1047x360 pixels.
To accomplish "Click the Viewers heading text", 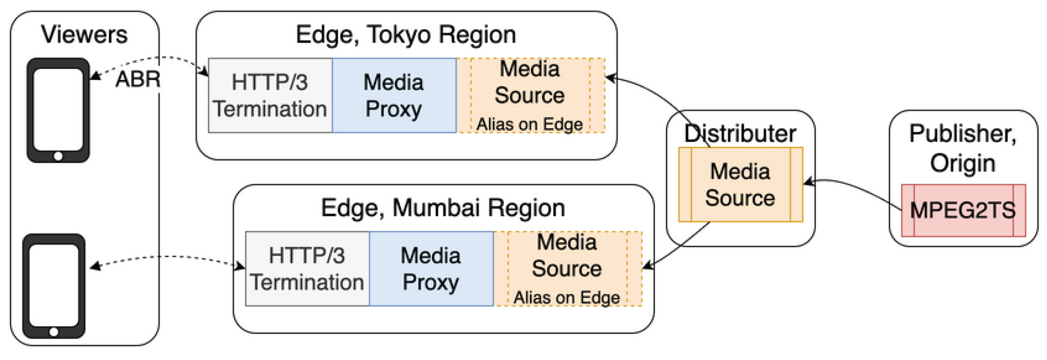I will (84, 34).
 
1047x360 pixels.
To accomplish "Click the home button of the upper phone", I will (58, 156).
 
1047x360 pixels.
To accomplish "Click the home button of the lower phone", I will (54, 332).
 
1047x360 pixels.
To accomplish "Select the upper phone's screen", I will (58, 109).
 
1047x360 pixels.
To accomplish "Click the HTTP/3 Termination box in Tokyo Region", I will (270, 96).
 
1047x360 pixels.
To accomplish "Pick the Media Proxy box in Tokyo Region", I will (393, 96).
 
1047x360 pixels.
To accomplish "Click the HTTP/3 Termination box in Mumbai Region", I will (307, 269).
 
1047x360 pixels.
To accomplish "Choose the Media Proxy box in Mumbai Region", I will (431, 269).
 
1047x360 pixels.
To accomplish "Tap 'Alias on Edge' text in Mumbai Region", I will (566, 297).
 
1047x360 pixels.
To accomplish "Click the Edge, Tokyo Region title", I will (406, 34).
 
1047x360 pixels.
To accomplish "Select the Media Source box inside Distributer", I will (740, 185).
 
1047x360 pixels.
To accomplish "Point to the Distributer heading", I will (740, 133).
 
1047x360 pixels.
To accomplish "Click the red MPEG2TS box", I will (963, 210).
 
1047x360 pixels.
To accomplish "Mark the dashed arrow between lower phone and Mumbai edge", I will (167, 257).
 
